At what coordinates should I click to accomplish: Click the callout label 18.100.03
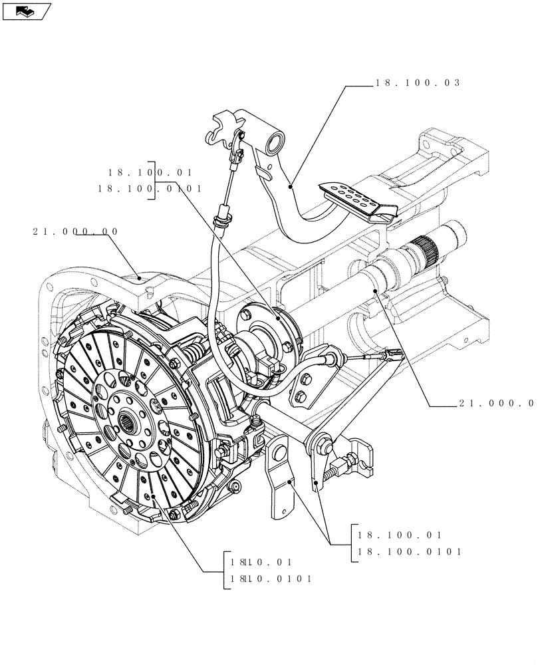[x=418, y=84]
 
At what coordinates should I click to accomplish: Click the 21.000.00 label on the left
[x=74, y=231]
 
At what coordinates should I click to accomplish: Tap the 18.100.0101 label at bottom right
[x=409, y=551]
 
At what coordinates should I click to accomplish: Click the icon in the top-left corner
[x=26, y=11]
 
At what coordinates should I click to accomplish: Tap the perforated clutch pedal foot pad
[x=360, y=198]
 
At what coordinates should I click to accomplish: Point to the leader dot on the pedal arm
[x=291, y=188]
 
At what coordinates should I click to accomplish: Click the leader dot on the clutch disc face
[x=152, y=495]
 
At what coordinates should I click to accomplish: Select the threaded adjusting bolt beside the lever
[x=335, y=471]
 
